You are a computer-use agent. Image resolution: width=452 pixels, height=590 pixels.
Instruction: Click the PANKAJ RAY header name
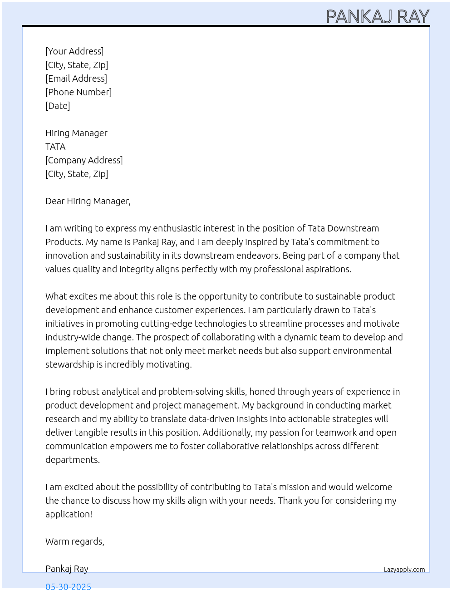pyautogui.click(x=377, y=17)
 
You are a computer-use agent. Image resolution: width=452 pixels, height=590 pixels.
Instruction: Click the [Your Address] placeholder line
pyautogui.click(x=74, y=51)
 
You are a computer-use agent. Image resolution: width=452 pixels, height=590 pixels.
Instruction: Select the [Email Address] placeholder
pyautogui.click(x=76, y=79)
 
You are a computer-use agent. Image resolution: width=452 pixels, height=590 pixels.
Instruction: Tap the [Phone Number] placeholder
pyautogui.click(x=79, y=92)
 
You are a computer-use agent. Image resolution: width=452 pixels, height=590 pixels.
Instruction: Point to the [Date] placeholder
pyautogui.click(x=58, y=106)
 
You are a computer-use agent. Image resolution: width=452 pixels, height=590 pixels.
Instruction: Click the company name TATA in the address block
pyautogui.click(x=55, y=147)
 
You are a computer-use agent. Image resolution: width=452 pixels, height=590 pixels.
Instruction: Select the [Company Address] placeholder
pyautogui.click(x=84, y=160)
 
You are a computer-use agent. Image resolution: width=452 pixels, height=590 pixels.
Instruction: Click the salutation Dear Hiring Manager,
pyautogui.click(x=88, y=201)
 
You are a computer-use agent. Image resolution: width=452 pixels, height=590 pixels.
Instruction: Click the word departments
pyautogui.click(x=72, y=460)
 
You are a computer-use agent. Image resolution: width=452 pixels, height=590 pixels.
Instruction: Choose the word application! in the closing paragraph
pyautogui.click(x=69, y=514)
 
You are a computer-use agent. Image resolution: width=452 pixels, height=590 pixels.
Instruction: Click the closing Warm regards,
pyautogui.click(x=75, y=541)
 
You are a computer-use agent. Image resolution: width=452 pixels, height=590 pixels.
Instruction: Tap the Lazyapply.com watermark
pyautogui.click(x=404, y=570)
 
